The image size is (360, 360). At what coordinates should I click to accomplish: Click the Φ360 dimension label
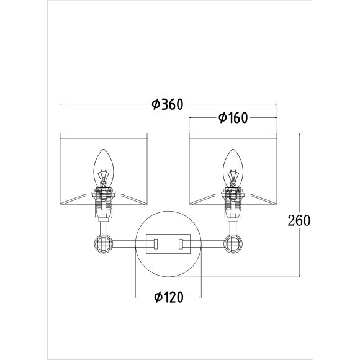coord(168,104)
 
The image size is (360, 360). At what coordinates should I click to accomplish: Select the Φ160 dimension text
coord(233,118)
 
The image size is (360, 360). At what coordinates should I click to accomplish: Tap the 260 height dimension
coord(299,220)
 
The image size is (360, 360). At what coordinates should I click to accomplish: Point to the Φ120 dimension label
coord(169,297)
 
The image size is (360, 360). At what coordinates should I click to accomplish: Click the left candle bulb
coord(104,168)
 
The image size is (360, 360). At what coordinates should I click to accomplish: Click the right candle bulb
coord(233,168)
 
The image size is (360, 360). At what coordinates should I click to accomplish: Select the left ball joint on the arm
coord(104,243)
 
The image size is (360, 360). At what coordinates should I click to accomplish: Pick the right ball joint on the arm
coord(233,243)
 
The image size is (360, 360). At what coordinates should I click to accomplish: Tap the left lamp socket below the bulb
coord(104,203)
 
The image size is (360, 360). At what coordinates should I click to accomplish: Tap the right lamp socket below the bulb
coord(233,203)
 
